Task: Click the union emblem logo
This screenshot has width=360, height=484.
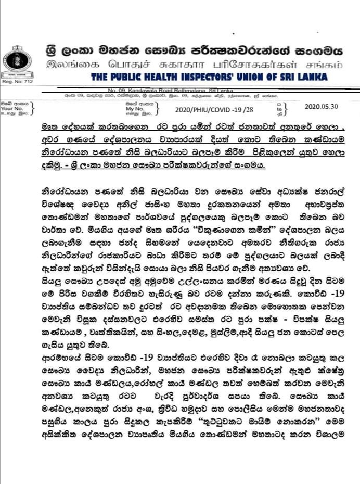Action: point(17,62)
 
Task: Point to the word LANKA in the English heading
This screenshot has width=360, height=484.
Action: point(313,78)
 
